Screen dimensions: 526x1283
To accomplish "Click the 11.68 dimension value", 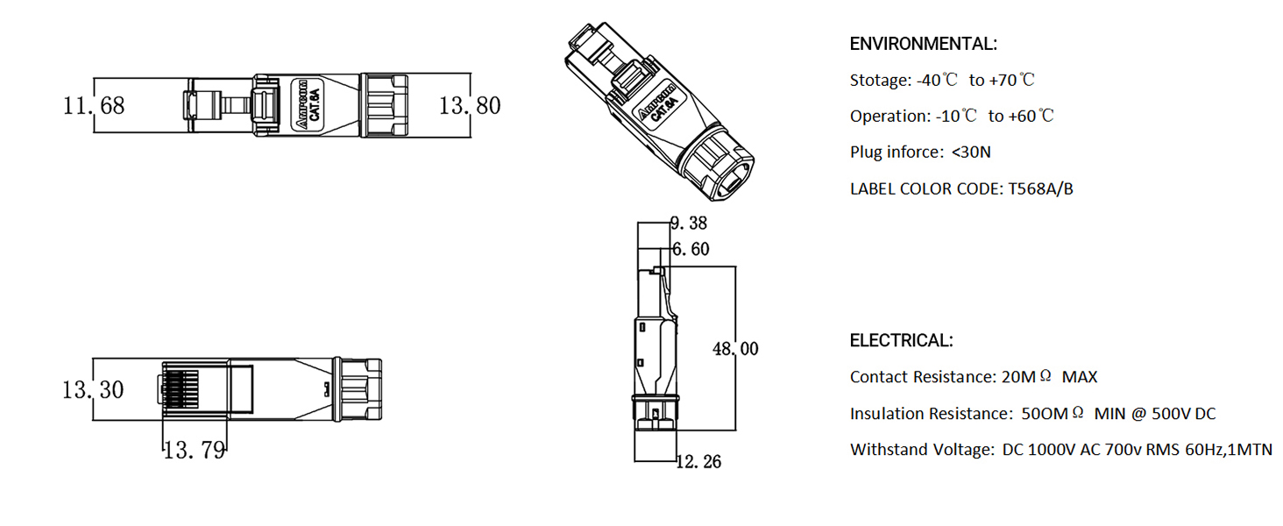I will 94,106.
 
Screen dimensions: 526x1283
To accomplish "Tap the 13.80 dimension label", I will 470,106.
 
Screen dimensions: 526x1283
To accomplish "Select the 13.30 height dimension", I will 93,389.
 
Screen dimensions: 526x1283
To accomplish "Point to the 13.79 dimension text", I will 195,451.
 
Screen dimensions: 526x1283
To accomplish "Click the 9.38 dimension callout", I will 689,223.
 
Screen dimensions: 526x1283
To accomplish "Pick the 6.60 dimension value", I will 691,250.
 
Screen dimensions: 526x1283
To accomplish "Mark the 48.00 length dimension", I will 735,349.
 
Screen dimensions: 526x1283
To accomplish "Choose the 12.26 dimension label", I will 698,461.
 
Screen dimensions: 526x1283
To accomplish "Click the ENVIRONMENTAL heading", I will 923,44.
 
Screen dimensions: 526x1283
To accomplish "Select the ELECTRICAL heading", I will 901,340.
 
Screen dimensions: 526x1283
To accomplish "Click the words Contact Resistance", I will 922,377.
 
